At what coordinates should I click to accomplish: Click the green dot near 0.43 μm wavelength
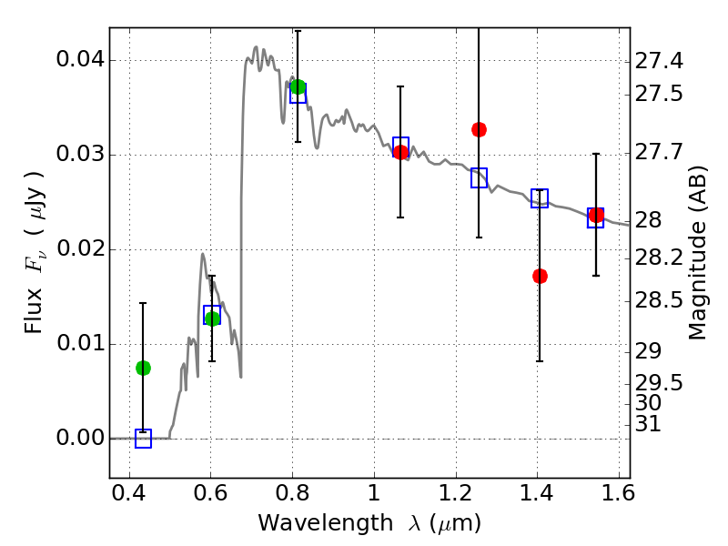143,369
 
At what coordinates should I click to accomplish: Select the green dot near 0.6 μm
212,318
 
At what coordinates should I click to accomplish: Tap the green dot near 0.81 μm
298,86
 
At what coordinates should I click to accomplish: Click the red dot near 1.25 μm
480,129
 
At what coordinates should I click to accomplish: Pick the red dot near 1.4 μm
540,277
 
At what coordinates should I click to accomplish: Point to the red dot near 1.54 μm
596,216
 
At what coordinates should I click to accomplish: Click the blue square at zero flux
143,439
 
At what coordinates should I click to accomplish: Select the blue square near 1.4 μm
540,198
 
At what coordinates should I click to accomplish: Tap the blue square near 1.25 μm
480,177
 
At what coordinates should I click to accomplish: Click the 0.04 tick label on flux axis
80,60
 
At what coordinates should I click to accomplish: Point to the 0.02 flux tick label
80,249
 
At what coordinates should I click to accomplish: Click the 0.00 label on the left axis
80,438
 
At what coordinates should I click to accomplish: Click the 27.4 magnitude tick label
659,61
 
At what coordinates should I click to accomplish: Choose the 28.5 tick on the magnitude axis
659,301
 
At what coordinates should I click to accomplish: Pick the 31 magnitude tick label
648,424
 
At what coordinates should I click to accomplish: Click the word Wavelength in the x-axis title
326,523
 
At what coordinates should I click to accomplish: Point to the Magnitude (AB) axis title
696,253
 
